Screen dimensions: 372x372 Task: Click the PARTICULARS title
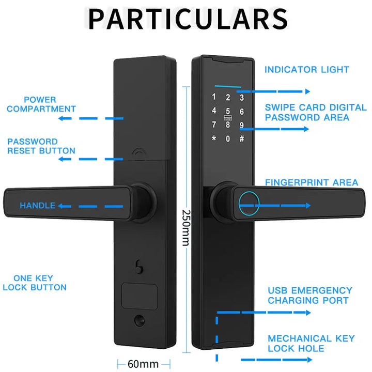coord(188,19)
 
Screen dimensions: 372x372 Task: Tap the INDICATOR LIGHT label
coord(307,70)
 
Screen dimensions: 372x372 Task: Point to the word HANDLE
coord(37,206)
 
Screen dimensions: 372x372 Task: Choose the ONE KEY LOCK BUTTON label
coord(35,283)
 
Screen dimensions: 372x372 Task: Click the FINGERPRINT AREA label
coord(311,182)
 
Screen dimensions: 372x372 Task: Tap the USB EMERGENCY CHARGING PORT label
coord(309,295)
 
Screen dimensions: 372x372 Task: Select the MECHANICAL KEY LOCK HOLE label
coord(311,344)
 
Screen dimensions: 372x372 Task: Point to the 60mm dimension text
coord(143,363)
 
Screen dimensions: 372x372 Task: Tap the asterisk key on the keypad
coord(213,138)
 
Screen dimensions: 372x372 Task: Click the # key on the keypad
coord(241,138)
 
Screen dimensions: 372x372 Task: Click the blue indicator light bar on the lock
coord(227,86)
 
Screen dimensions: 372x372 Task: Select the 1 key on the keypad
coord(213,97)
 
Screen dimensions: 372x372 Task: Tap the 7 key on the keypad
coord(213,125)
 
